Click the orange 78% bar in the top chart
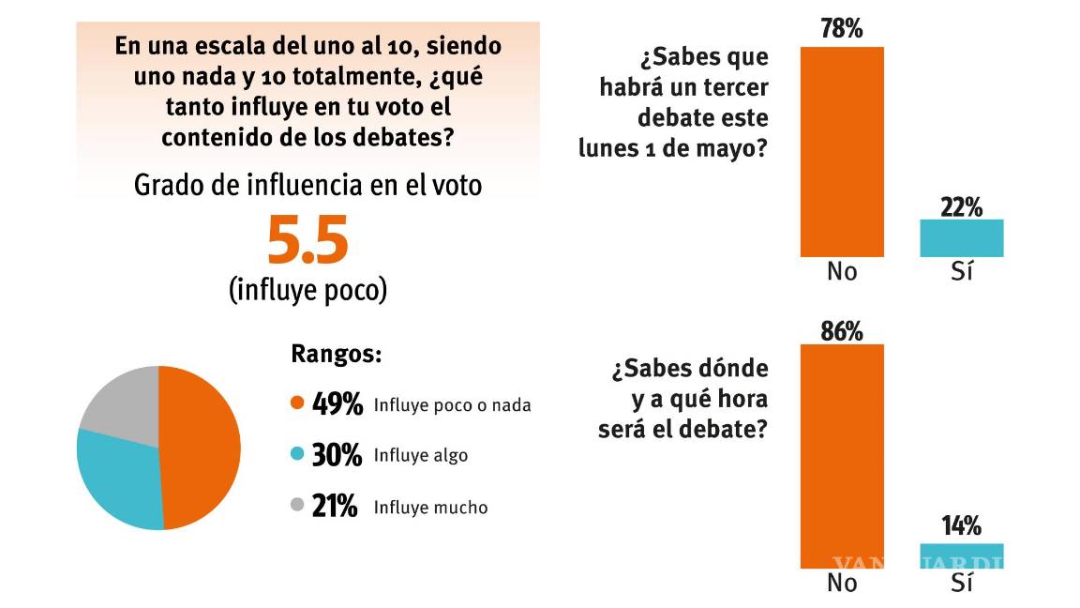[841, 151]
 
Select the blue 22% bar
[961, 238]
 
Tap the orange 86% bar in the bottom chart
[841, 456]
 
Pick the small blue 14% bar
[961, 555]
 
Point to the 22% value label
[961, 206]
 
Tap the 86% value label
[841, 330]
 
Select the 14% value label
[961, 526]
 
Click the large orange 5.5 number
[307, 240]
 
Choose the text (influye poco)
[307, 290]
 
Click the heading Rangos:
[337, 355]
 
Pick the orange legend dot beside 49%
[298, 404]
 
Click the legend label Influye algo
[420, 456]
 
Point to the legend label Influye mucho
[430, 508]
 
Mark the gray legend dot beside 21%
[298, 507]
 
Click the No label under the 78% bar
[842, 272]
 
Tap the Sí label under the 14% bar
[962, 583]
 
